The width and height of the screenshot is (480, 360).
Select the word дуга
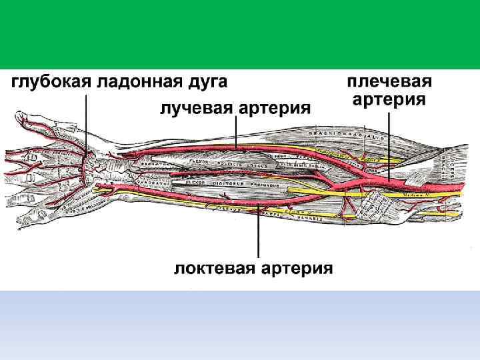point(207,83)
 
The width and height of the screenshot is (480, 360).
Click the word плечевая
point(390,83)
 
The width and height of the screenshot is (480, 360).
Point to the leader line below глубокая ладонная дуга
point(85,127)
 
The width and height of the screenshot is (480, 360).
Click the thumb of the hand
point(27,120)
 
